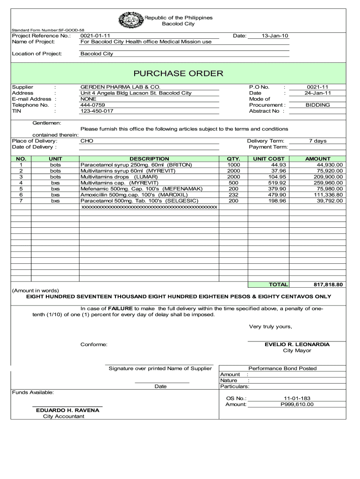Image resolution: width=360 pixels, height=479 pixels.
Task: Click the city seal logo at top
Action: pyautogui.click(x=130, y=21)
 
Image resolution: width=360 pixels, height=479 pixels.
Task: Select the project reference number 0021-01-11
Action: pyautogui.click(x=95, y=36)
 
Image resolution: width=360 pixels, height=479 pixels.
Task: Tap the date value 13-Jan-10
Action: pyautogui.click(x=269, y=36)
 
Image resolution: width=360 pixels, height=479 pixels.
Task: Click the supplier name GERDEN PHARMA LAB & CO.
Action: pyautogui.click(x=120, y=87)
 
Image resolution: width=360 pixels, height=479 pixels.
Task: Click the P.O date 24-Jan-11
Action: pyautogui.click(x=317, y=93)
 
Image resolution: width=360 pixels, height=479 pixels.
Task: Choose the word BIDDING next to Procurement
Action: pyautogui.click(x=317, y=105)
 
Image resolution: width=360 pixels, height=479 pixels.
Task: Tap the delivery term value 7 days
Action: pyautogui.click(x=317, y=141)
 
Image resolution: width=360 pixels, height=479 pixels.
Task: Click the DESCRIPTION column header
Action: pyautogui.click(x=149, y=159)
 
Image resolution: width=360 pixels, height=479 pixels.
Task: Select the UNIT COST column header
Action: pyautogui.click(x=268, y=159)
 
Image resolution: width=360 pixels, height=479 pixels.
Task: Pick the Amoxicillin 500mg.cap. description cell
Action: pyautogui.click(x=134, y=195)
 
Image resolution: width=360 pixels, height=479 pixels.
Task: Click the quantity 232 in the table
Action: pyautogui.click(x=233, y=195)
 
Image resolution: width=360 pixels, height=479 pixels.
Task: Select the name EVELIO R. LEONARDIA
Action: pyautogui.click(x=297, y=344)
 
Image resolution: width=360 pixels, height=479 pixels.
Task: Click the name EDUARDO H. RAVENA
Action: pyautogui.click(x=68, y=410)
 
